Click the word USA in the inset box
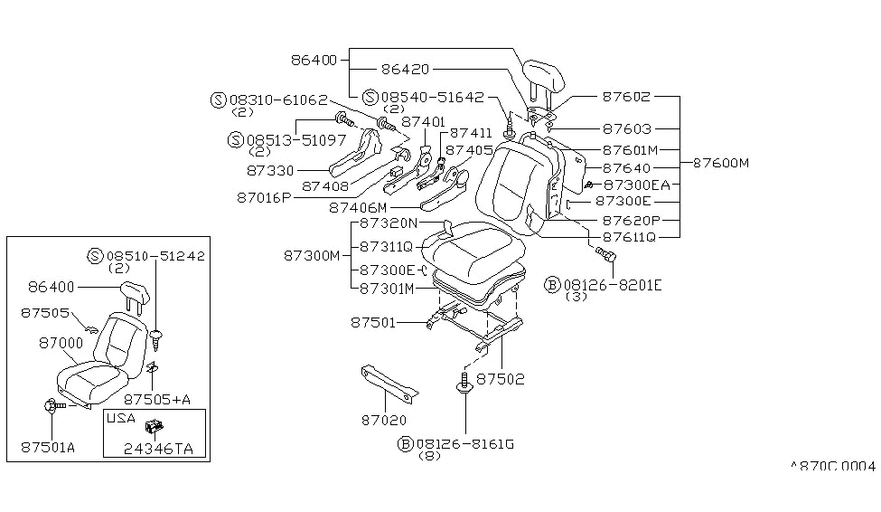pos(121,419)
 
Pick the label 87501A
pos(50,447)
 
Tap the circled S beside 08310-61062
pos(217,100)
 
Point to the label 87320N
pos(388,223)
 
